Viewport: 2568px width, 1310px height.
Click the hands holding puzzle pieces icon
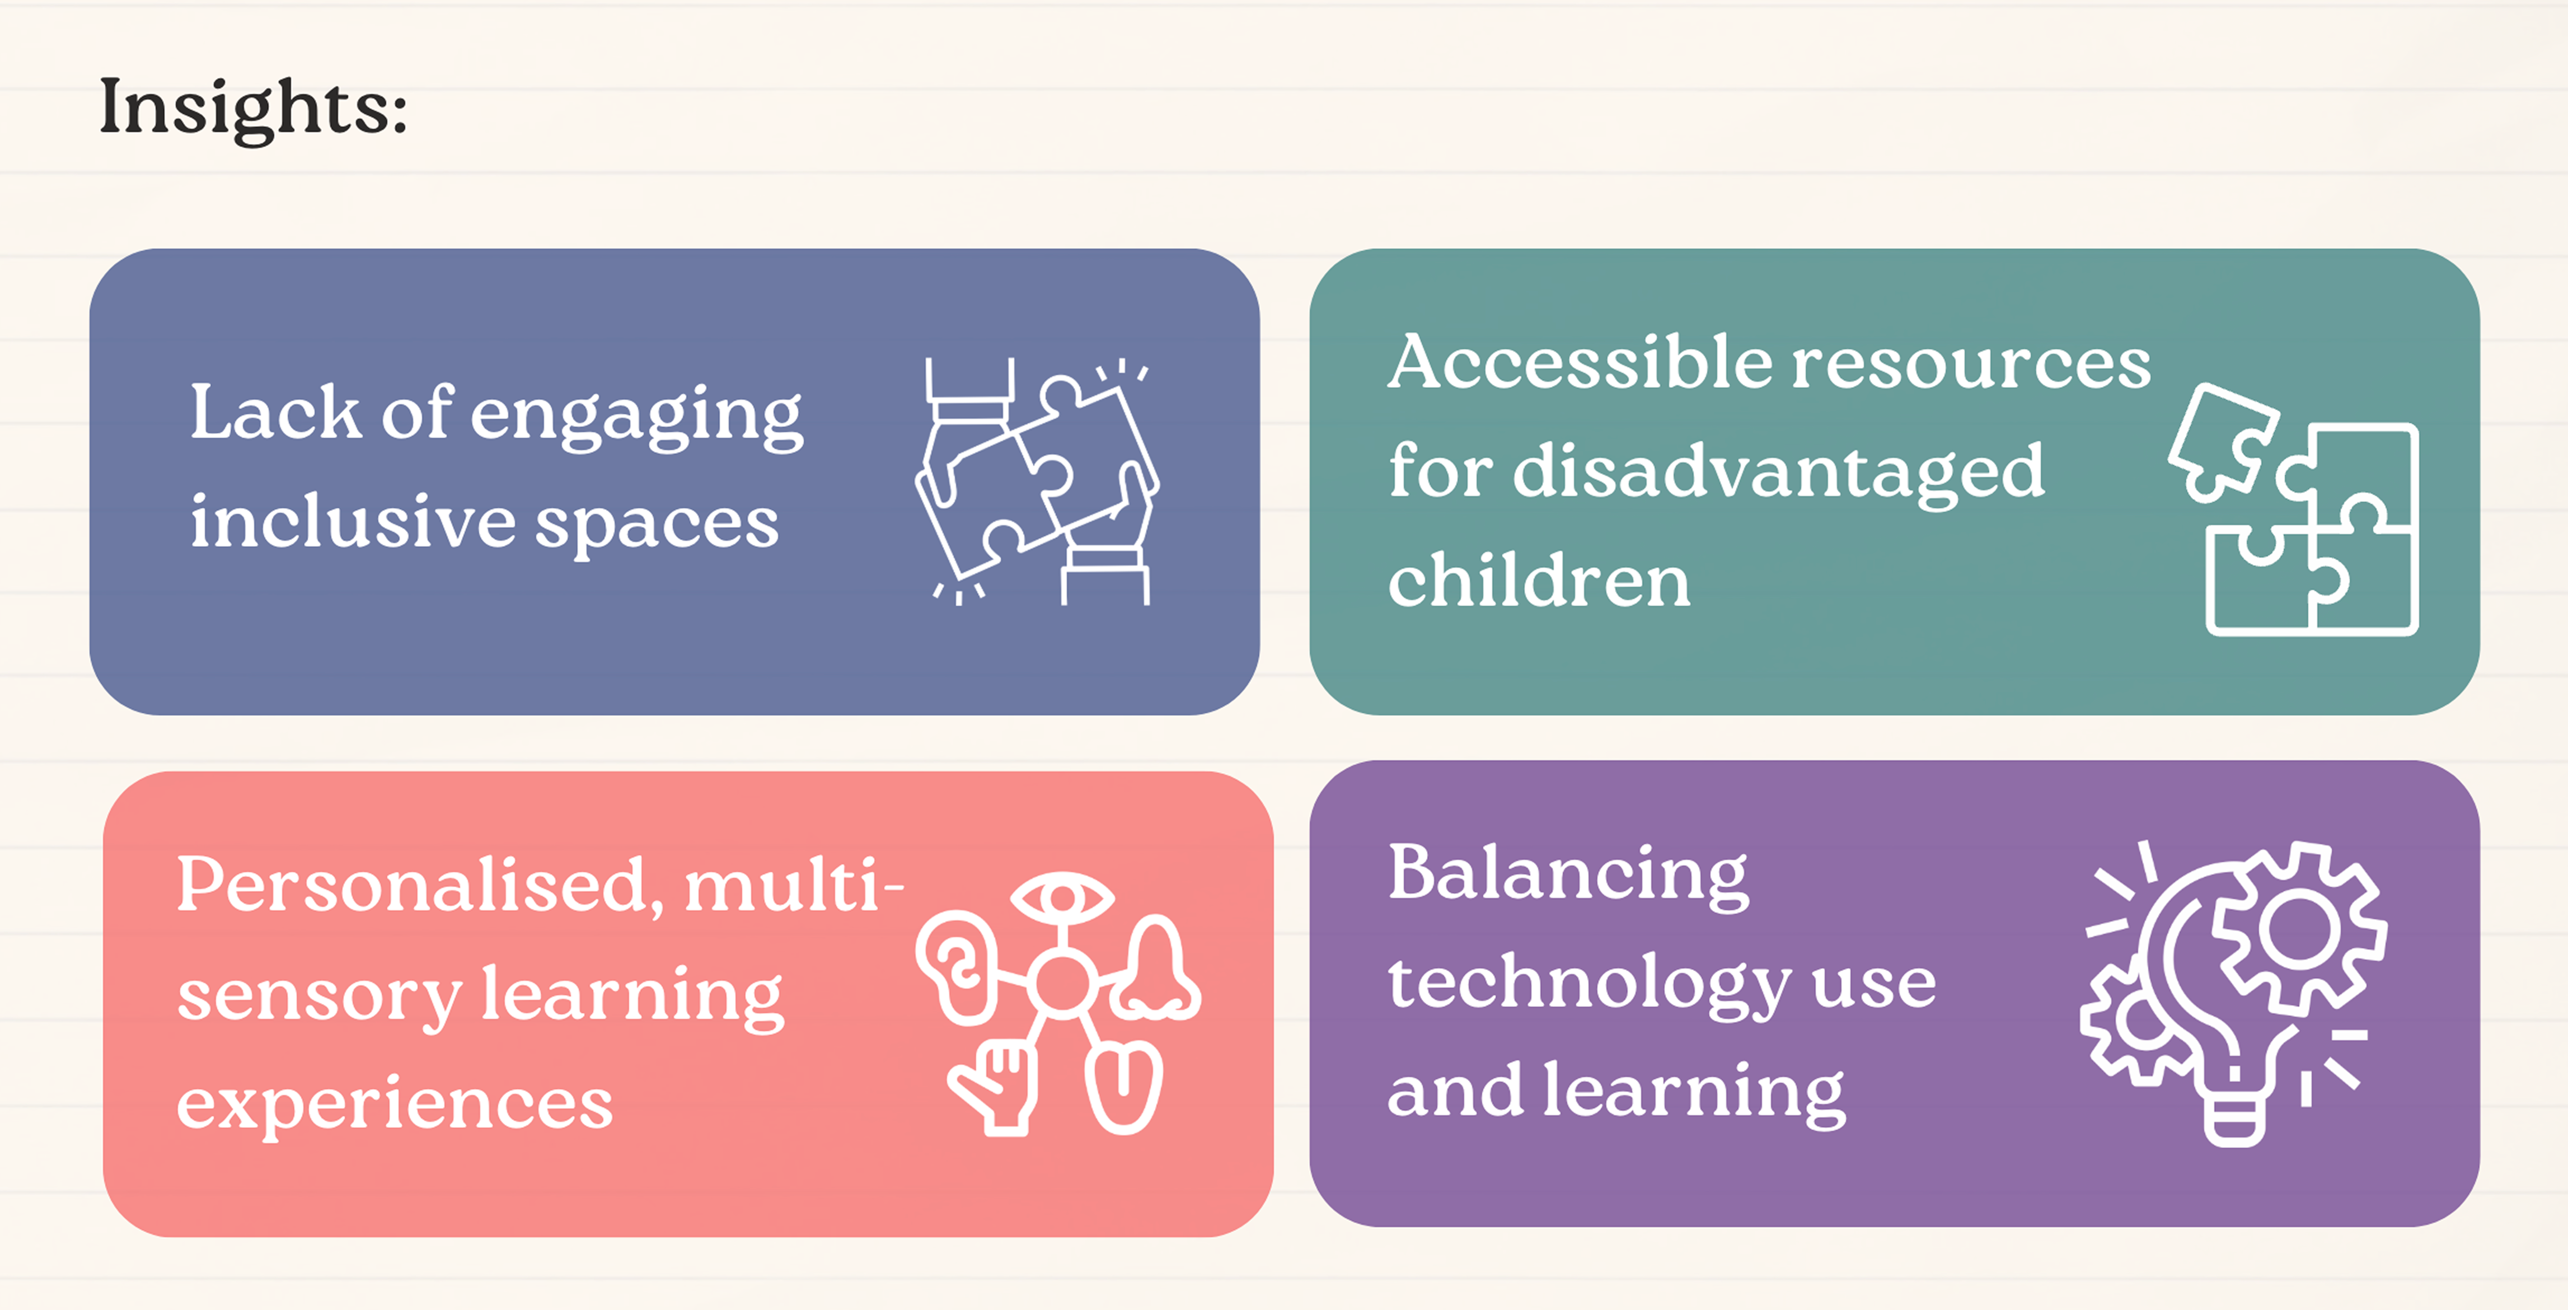(x=1037, y=481)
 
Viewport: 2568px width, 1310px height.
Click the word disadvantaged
(x=1778, y=471)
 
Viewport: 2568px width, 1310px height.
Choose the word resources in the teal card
(x=1971, y=363)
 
